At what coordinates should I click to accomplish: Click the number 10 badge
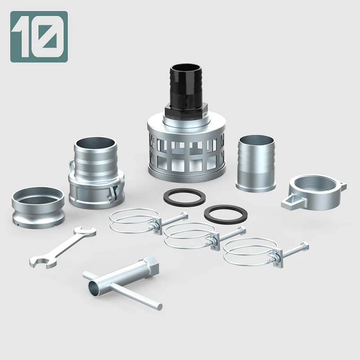pyautogui.click(x=39, y=36)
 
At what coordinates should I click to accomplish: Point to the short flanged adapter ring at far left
pyautogui.click(x=38, y=205)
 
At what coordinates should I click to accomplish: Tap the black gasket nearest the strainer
pyautogui.click(x=185, y=197)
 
